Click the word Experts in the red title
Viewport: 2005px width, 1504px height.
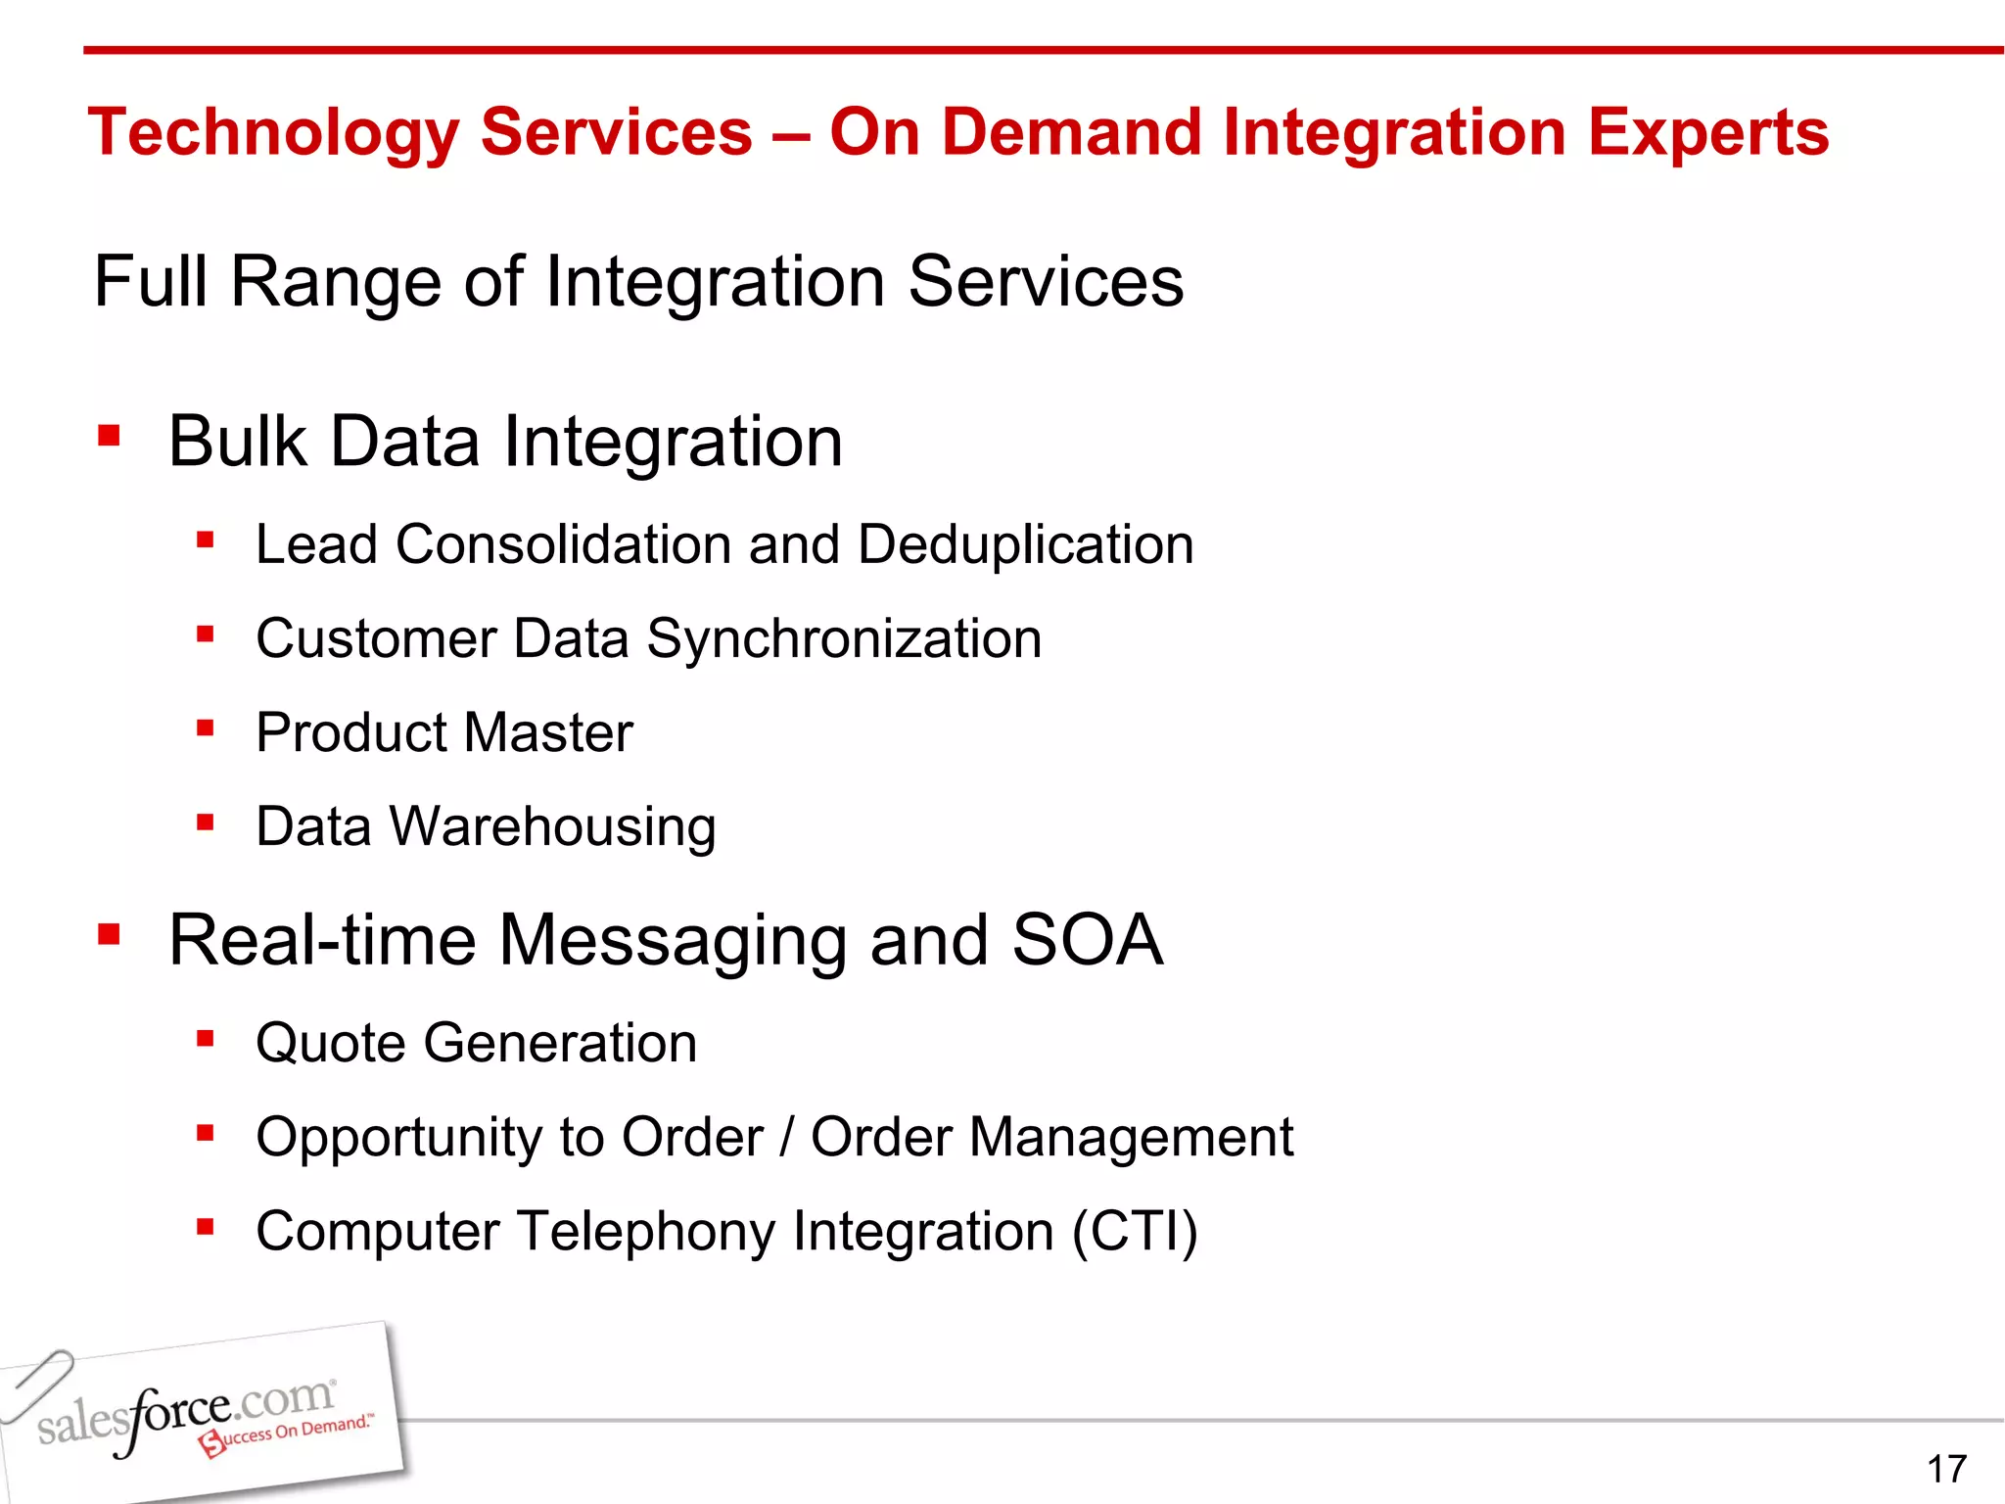point(1707,133)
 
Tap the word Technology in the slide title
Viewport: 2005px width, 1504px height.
point(273,133)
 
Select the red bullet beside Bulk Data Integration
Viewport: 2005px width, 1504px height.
point(109,436)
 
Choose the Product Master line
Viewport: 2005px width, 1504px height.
point(443,732)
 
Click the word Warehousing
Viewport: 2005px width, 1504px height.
point(553,826)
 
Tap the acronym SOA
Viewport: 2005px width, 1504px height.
point(1087,940)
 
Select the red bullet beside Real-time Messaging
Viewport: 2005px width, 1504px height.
point(109,934)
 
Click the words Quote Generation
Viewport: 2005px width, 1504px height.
point(476,1043)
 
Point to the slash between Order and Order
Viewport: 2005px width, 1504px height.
point(786,1138)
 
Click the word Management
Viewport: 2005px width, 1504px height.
point(1132,1138)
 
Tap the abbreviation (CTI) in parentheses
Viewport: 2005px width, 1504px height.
point(1135,1232)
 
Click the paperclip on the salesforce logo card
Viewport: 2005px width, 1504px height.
point(37,1384)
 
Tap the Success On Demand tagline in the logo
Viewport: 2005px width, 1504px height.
point(289,1433)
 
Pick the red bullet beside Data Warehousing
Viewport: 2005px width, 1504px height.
point(205,822)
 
